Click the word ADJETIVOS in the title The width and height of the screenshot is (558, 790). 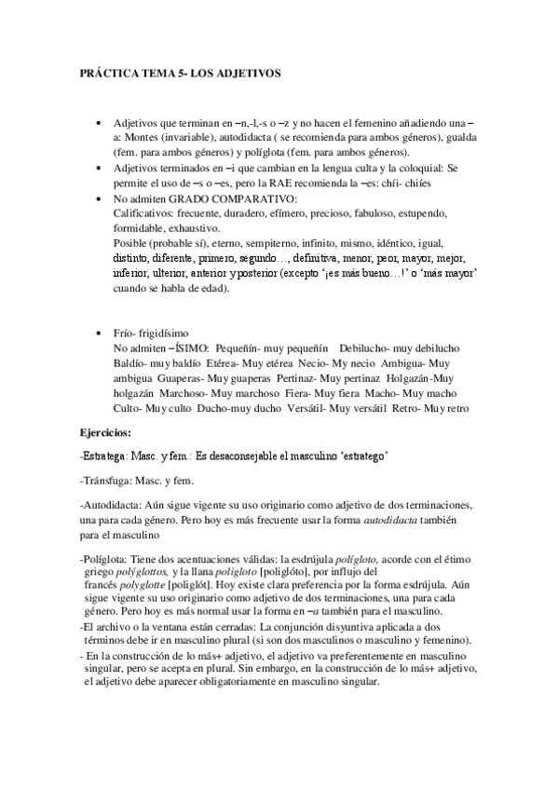255,72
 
